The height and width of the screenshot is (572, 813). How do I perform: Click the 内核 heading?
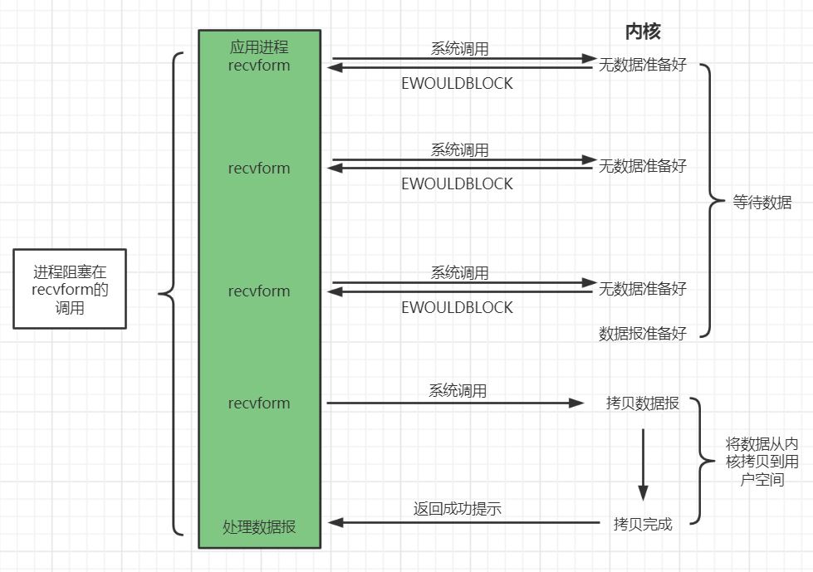pos(642,32)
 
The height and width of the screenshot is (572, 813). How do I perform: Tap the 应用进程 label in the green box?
pos(259,47)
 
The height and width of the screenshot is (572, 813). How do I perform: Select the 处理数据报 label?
pos(259,526)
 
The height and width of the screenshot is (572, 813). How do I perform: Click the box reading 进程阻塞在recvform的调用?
pos(70,289)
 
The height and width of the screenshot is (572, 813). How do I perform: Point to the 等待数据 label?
pos(762,202)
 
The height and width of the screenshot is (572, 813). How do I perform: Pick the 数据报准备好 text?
pos(643,333)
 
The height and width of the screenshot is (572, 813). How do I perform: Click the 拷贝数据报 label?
pos(643,403)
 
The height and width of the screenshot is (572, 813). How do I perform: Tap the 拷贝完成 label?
pos(643,524)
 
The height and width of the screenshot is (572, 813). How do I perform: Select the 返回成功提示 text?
pos(457,509)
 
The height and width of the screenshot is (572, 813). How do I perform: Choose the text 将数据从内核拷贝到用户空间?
pos(762,462)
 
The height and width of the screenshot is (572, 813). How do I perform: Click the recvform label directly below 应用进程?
pos(259,65)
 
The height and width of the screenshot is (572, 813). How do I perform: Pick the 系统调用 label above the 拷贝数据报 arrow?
pos(458,390)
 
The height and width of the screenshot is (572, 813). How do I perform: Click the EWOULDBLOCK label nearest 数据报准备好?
pos(457,307)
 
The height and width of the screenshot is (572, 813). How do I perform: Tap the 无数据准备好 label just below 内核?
pos(643,65)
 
